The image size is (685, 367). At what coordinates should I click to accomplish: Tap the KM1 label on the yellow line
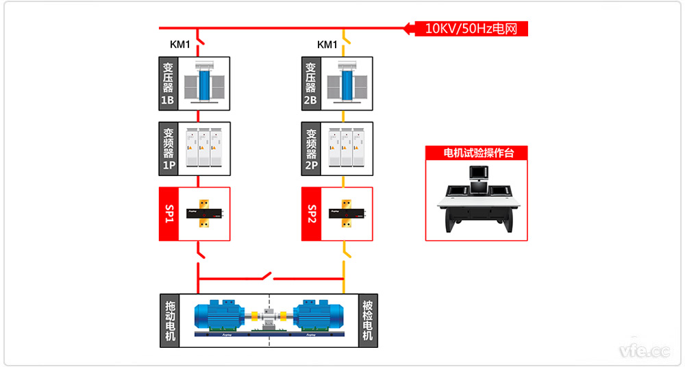pyautogui.click(x=327, y=45)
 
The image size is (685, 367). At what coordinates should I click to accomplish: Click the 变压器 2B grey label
pyautogui.click(x=311, y=84)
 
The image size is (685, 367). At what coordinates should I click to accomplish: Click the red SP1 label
pyautogui.click(x=169, y=214)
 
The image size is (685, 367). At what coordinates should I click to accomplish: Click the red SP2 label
pyautogui.click(x=311, y=214)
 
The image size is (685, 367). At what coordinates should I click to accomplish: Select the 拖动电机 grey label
pyautogui.click(x=169, y=320)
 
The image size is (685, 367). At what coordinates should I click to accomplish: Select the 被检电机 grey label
pyautogui.click(x=368, y=320)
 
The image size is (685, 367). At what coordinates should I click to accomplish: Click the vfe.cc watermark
pyautogui.click(x=644, y=351)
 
